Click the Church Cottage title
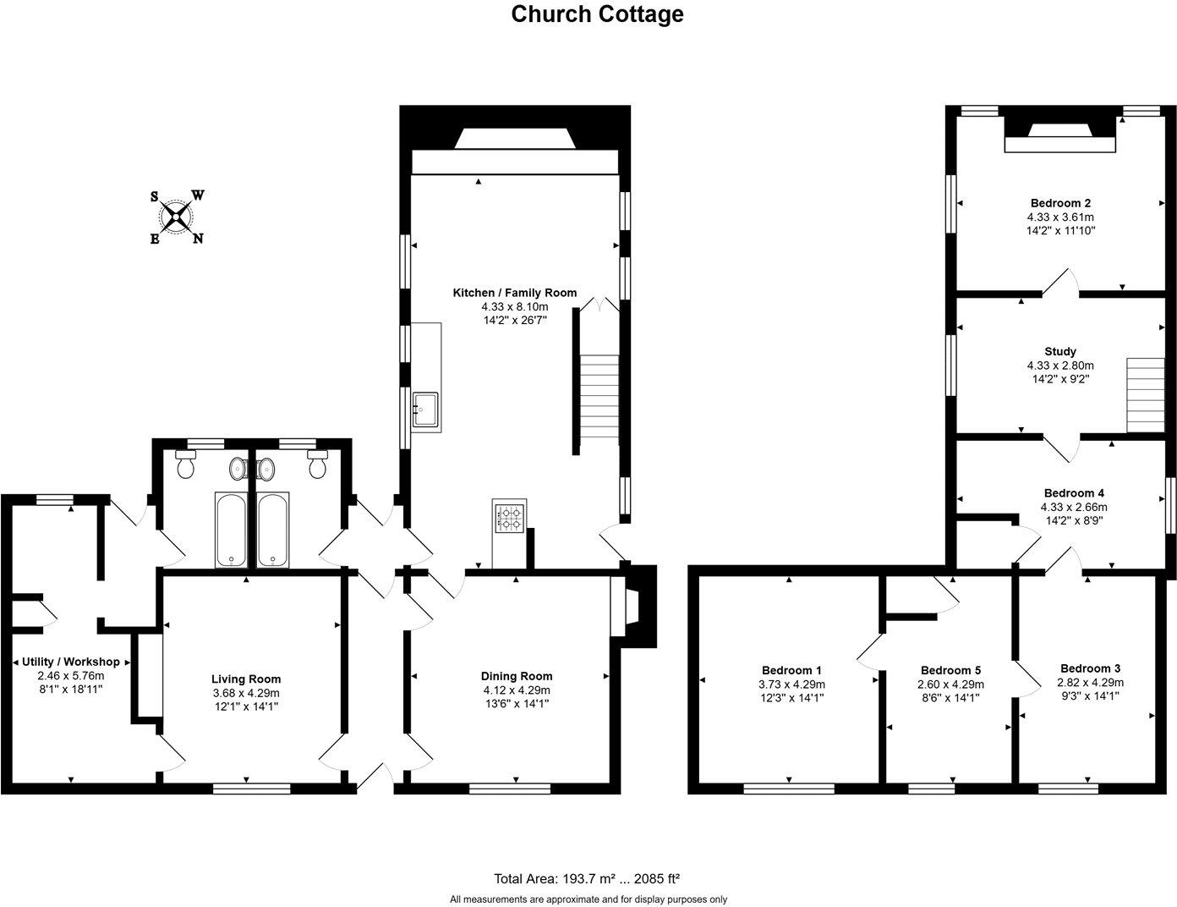(x=597, y=14)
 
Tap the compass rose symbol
(x=176, y=217)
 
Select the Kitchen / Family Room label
(x=515, y=293)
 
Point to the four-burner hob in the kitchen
(x=509, y=518)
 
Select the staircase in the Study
(x=1145, y=394)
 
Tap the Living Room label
(x=245, y=679)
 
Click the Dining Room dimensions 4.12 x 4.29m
(x=516, y=690)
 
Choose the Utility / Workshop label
(x=71, y=662)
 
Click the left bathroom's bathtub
(x=230, y=530)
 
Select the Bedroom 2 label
(x=1060, y=203)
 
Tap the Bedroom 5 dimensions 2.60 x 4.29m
(x=950, y=684)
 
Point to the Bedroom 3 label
(x=1090, y=668)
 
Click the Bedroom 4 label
(x=1074, y=493)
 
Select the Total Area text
(x=587, y=878)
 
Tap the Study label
(x=1060, y=351)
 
